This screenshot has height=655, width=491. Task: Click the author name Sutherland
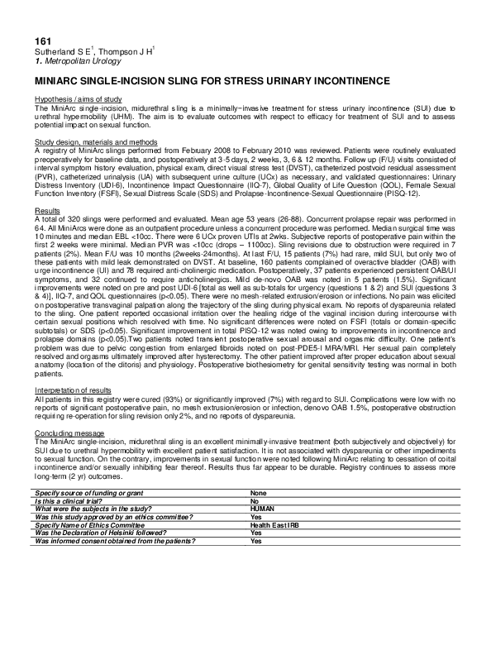pyautogui.click(x=54, y=52)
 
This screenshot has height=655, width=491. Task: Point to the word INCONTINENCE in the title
pyautogui.click(x=346, y=80)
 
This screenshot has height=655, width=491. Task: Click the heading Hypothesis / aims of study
pyautogui.click(x=78, y=99)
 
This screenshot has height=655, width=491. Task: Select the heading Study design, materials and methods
pyautogui.click(x=96, y=142)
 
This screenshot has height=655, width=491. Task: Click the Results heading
pyautogui.click(x=46, y=212)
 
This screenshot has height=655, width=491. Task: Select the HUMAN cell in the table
pyautogui.click(x=263, y=509)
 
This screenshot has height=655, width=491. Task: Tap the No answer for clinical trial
pyautogui.click(x=255, y=501)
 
